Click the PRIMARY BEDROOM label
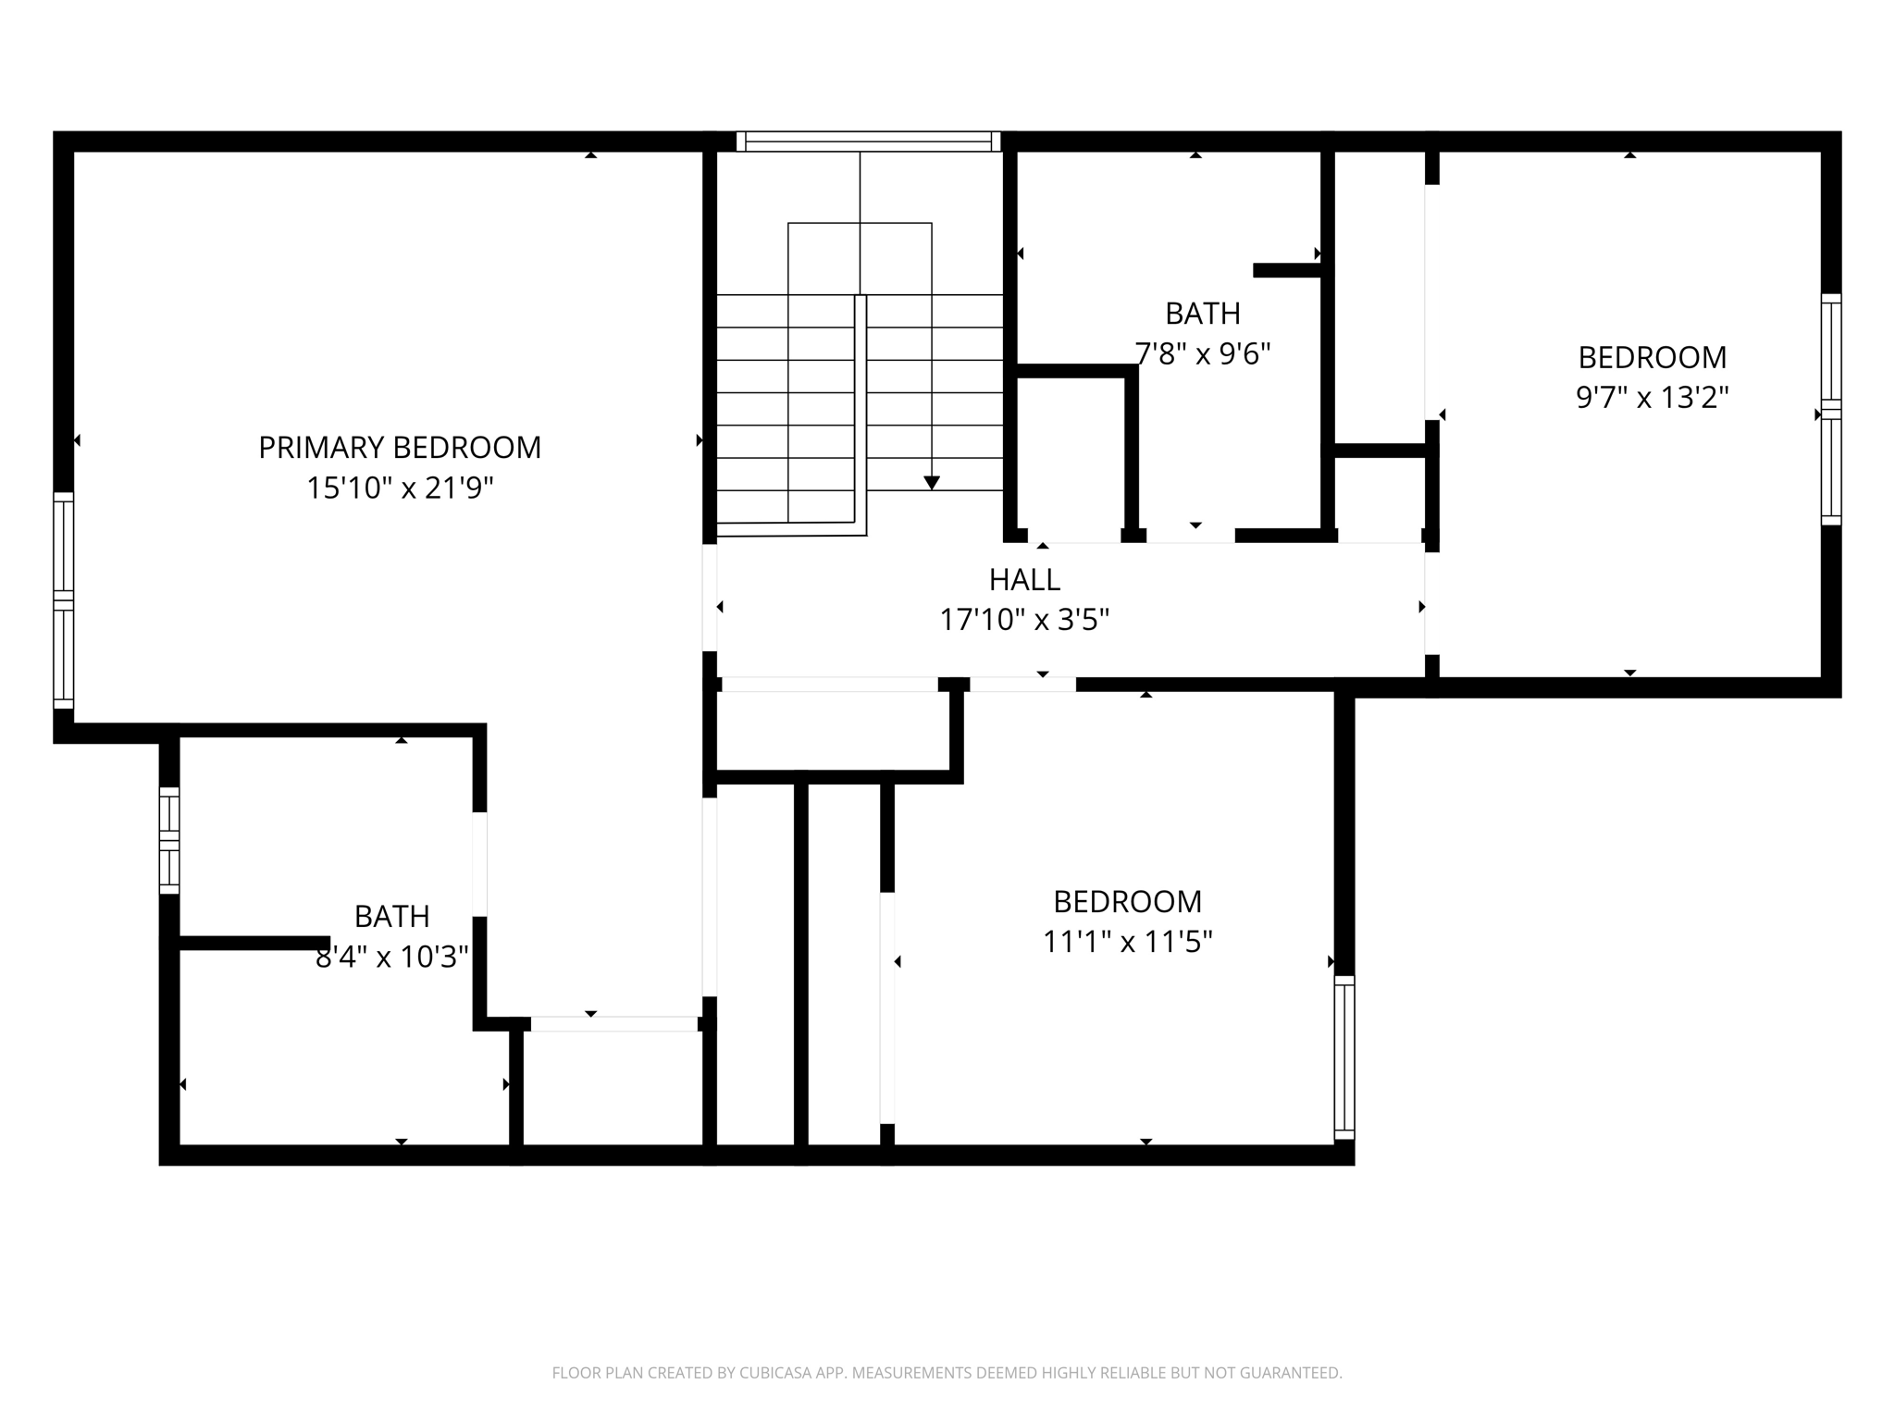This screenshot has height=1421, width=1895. tap(399, 448)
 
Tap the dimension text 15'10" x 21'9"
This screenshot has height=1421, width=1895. tap(399, 488)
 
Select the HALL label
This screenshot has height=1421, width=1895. tap(1024, 580)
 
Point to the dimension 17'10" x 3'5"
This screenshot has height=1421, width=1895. tap(1024, 620)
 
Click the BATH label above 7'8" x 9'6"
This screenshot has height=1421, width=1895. tap(1202, 315)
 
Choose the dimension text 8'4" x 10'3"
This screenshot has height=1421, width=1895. tap(391, 957)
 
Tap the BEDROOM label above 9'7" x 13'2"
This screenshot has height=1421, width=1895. tap(1652, 357)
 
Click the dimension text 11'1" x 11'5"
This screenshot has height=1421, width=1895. tap(1127, 942)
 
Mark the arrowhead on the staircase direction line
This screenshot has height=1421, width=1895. tap(932, 483)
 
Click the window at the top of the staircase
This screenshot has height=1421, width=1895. tap(868, 142)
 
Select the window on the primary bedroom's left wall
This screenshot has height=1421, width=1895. tap(63, 600)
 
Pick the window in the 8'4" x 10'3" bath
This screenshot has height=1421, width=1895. tap(169, 840)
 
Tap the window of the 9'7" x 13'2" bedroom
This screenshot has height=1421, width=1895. tap(1831, 409)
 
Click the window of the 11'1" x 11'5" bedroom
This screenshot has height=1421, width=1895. tap(1344, 1056)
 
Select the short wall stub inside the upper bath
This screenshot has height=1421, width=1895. tap(1287, 270)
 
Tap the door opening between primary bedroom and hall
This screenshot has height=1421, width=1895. tap(710, 597)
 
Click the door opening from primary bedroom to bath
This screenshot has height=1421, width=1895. tap(479, 864)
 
